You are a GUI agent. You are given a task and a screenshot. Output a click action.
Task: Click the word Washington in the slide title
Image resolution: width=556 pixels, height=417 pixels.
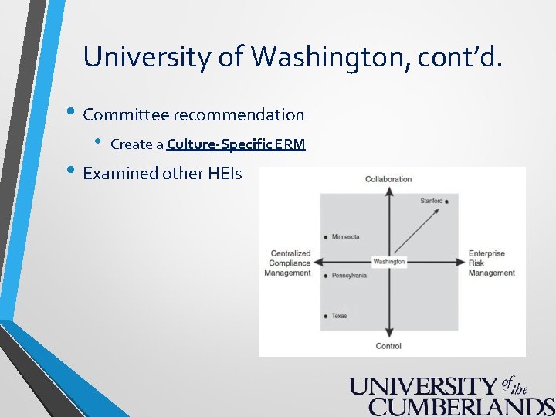(x=323, y=57)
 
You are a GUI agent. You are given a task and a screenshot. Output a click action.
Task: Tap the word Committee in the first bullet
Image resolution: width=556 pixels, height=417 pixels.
(x=126, y=115)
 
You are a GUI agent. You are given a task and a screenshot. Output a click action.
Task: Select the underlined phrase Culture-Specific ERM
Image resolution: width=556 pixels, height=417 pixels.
(x=236, y=144)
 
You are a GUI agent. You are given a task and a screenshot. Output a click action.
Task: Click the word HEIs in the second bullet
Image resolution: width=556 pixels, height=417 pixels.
(x=225, y=174)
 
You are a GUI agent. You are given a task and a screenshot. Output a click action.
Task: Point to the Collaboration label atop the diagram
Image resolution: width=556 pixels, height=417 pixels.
(x=388, y=179)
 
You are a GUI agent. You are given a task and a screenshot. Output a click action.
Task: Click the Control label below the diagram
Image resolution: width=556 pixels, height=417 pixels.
(x=388, y=346)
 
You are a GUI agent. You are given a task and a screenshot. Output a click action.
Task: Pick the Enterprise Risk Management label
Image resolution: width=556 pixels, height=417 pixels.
(x=491, y=263)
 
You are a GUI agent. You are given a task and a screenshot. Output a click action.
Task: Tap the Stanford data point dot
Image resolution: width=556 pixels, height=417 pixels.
(x=447, y=202)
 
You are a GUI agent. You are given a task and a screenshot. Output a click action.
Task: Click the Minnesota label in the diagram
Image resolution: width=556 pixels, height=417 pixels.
(x=345, y=237)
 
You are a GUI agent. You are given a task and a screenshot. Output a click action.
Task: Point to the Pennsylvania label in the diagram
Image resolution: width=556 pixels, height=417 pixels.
(x=349, y=276)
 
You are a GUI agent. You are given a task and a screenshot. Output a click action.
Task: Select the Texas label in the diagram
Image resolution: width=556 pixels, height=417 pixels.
(x=339, y=316)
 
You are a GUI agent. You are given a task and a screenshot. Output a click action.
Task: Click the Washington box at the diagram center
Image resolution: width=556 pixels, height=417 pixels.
(x=388, y=262)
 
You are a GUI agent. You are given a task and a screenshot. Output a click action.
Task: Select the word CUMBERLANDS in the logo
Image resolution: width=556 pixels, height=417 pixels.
(x=461, y=407)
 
